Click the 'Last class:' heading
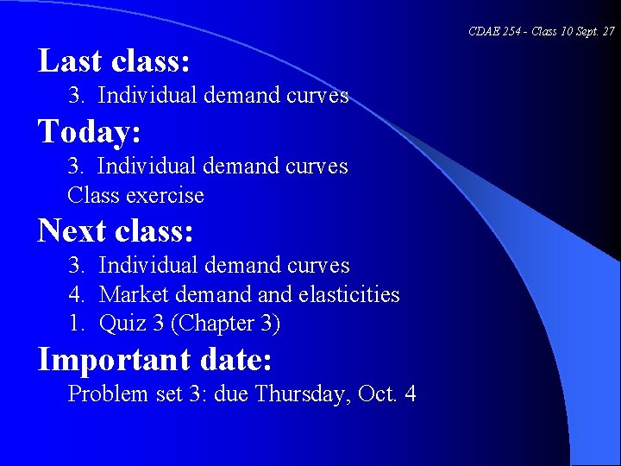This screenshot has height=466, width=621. tap(114, 61)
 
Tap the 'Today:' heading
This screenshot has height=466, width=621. tap(90, 132)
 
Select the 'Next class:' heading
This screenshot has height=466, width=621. tap(116, 231)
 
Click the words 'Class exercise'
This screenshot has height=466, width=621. tap(135, 196)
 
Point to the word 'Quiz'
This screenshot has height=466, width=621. tap(120, 324)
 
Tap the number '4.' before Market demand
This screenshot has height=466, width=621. tap(77, 295)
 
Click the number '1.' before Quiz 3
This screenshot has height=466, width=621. tap(77, 324)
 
